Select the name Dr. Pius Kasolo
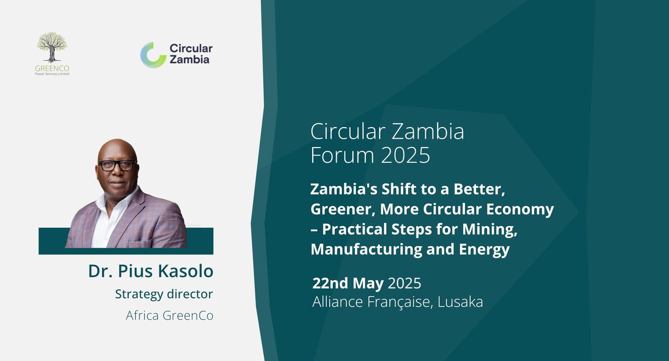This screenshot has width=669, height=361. pyautogui.click(x=151, y=271)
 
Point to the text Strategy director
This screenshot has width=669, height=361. pyautogui.click(x=164, y=294)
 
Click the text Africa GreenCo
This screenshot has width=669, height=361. pyautogui.click(x=169, y=315)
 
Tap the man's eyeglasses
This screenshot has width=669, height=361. pyautogui.click(x=117, y=165)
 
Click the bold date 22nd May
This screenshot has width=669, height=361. pyautogui.click(x=348, y=283)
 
